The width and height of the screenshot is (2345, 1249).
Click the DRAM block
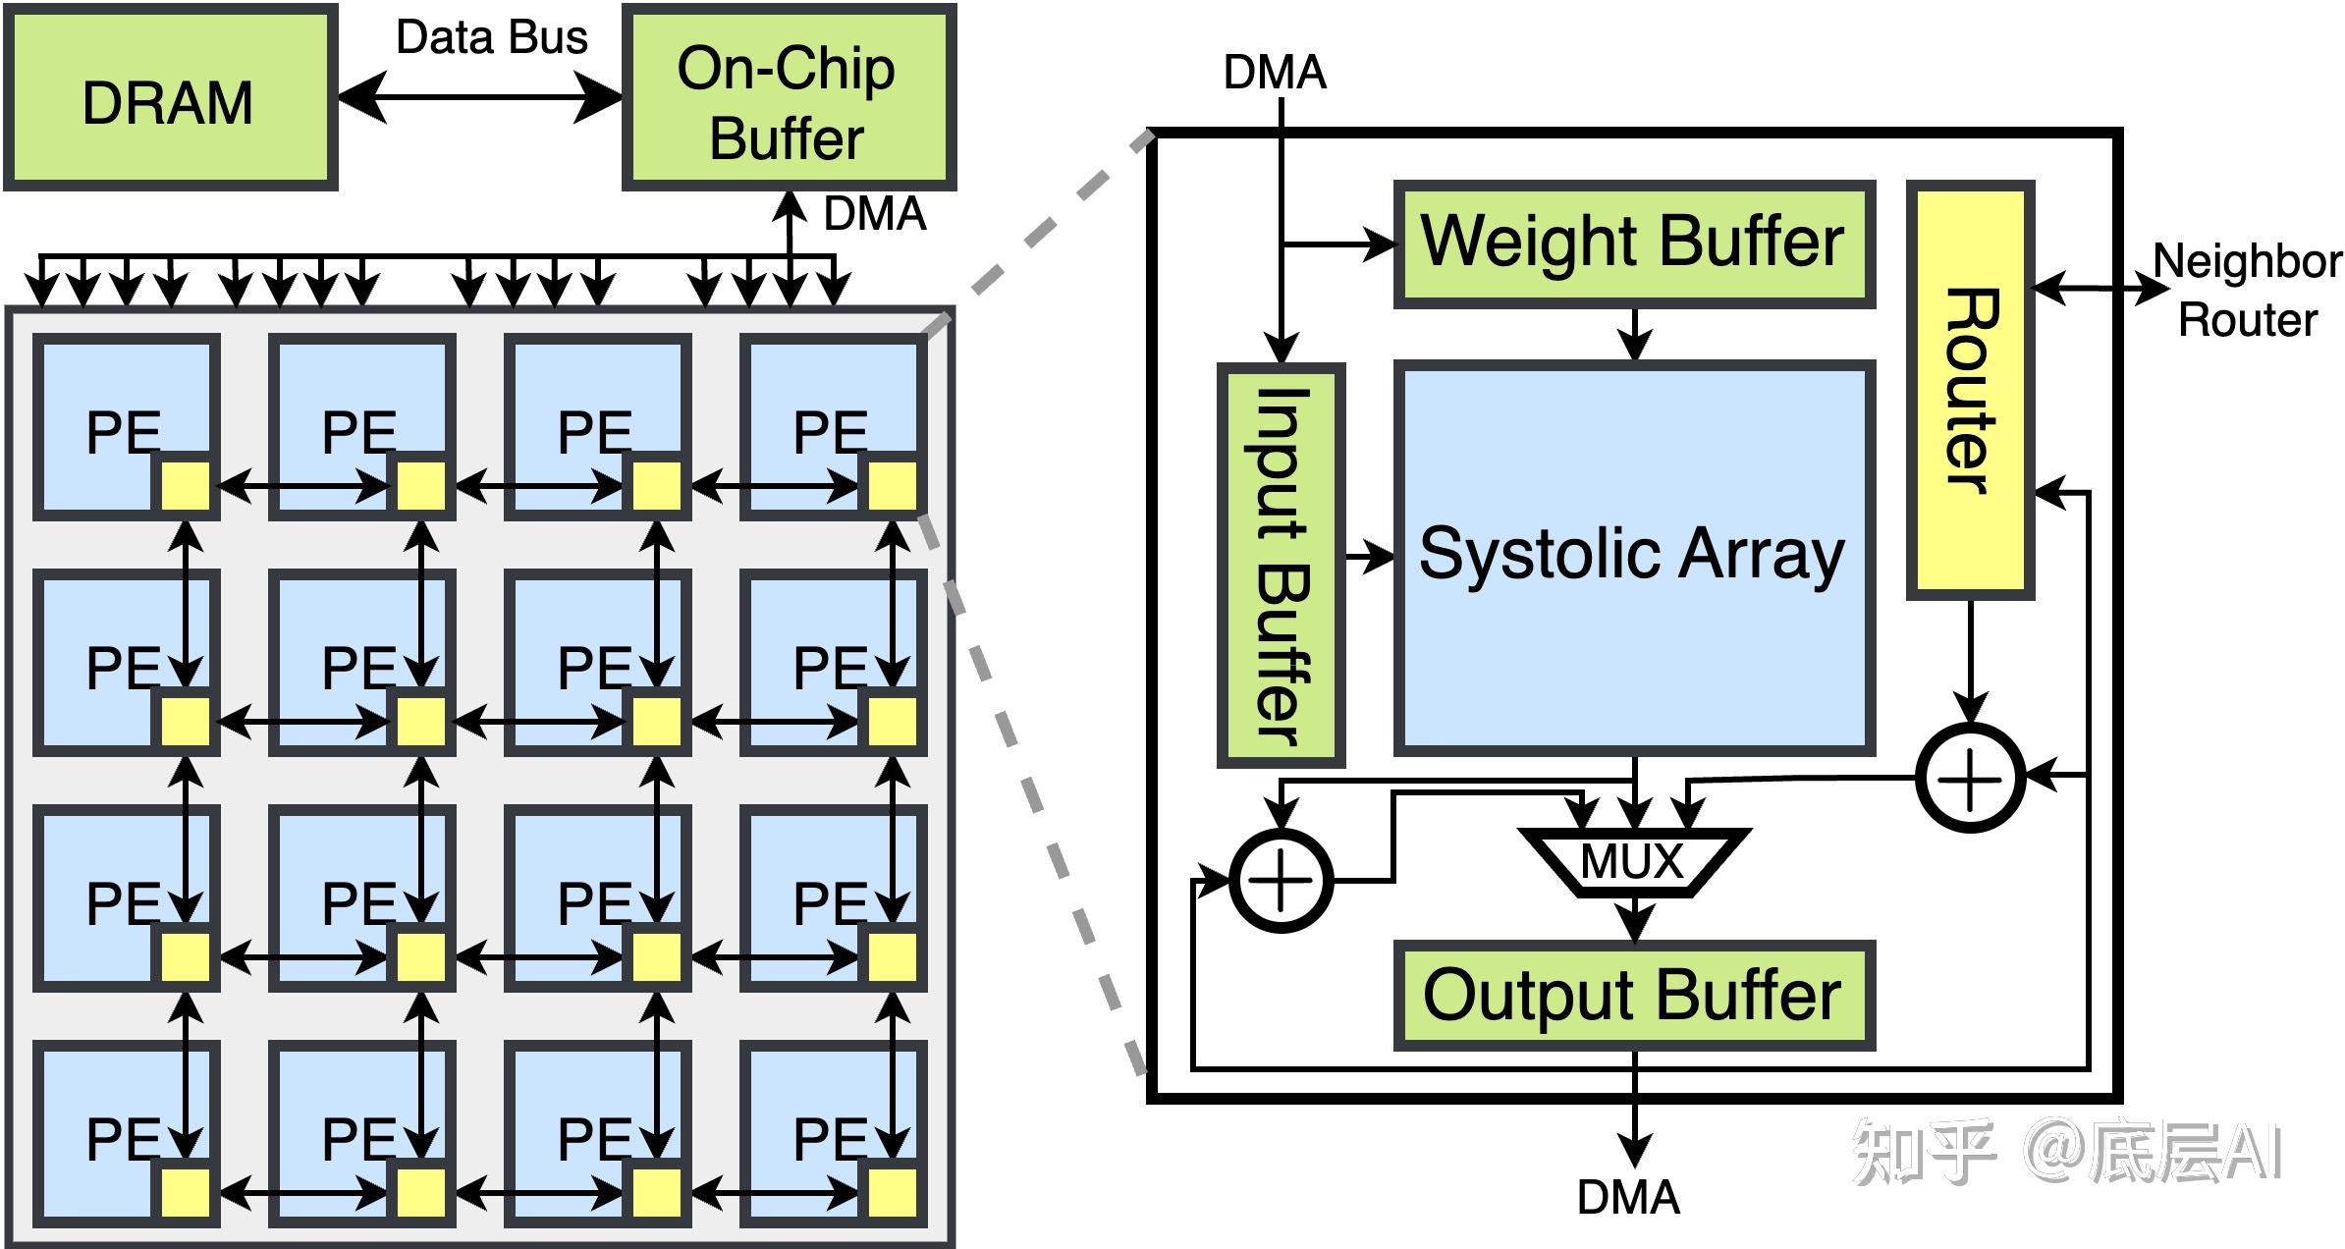[170, 97]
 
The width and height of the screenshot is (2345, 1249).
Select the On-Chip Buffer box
[789, 97]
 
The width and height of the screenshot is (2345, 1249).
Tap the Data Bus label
[491, 37]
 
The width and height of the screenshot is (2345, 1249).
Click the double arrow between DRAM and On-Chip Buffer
[480, 97]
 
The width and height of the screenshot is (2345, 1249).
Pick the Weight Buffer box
[1634, 244]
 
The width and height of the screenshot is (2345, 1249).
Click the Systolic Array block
[1634, 557]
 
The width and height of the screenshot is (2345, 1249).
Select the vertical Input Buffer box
[1281, 565]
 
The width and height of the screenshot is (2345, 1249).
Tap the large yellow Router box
[1970, 390]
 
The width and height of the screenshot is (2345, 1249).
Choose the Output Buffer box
[1634, 995]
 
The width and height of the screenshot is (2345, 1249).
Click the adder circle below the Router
[1970, 777]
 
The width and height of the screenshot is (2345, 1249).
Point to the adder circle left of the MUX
[1281, 881]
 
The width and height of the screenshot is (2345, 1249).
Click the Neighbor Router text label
[2247, 291]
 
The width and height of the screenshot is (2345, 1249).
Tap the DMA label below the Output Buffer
[1628, 1197]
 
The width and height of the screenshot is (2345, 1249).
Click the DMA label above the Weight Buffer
[1275, 73]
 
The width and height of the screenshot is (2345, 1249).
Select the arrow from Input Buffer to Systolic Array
[1369, 558]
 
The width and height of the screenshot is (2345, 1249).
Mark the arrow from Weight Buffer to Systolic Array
[1634, 335]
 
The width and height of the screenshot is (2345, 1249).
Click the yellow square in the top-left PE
[186, 486]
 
